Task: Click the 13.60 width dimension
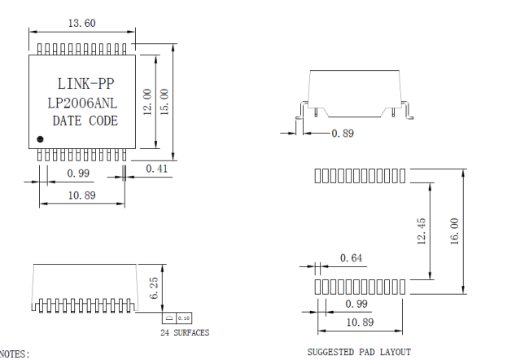[81, 23]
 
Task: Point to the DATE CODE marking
[85, 121]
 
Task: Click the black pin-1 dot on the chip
[39, 138]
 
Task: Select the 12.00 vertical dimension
[147, 103]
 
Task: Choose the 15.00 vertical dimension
[164, 103]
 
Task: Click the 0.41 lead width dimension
[157, 168]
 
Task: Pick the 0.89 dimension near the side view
[343, 133]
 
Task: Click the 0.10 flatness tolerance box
[183, 317]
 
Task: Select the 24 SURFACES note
[184, 332]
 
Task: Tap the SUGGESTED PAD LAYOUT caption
[358, 352]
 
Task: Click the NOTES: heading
[15, 354]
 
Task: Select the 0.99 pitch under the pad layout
[356, 304]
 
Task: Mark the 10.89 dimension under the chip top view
[82, 195]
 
